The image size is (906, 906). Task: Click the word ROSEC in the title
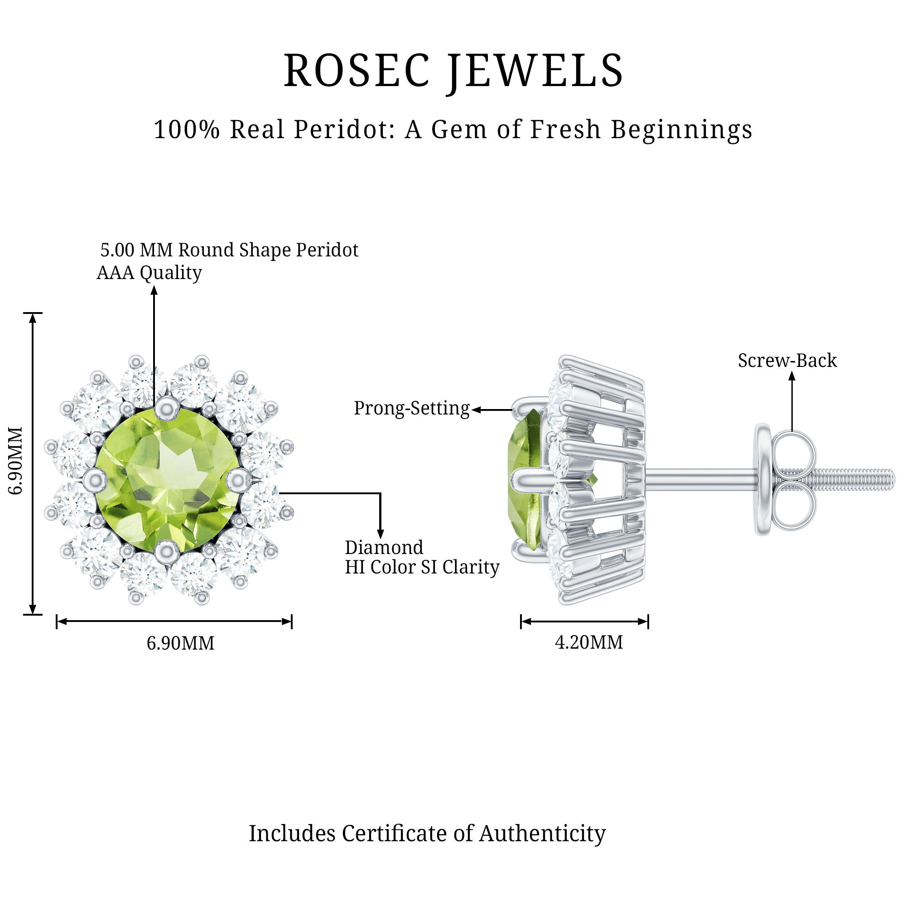(x=357, y=71)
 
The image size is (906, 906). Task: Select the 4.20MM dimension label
(x=589, y=642)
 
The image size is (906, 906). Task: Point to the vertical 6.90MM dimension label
(x=16, y=461)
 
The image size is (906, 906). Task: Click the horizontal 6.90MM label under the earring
(x=181, y=643)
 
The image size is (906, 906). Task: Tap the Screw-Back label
(x=787, y=361)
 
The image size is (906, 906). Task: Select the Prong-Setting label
(x=412, y=409)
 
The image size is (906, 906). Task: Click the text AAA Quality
(x=149, y=272)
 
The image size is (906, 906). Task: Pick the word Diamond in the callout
(x=384, y=548)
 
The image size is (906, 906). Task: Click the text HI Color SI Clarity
(x=422, y=568)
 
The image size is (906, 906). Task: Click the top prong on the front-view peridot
(x=165, y=408)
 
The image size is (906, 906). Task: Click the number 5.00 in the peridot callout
(x=117, y=251)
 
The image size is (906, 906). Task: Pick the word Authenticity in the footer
(x=542, y=834)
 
